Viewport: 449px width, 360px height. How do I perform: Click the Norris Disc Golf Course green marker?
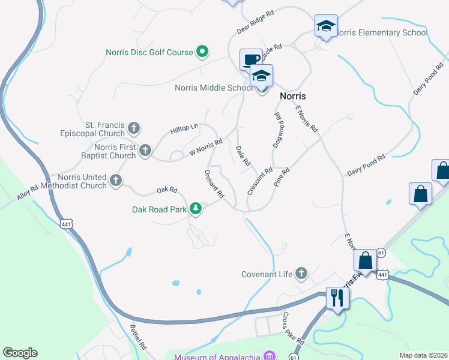[202, 52]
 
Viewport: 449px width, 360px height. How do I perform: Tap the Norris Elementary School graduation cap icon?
[325, 26]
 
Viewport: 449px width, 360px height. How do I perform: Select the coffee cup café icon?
[252, 59]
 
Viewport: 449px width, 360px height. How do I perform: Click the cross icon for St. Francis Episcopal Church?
[134, 128]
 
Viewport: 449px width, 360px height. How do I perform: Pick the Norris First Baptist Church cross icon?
[145, 151]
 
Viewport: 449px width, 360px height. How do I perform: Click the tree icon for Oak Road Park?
[195, 209]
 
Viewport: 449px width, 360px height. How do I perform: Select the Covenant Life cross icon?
[301, 274]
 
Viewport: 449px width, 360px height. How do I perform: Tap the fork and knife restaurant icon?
[336, 296]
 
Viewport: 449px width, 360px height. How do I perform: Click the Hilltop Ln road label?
[184, 129]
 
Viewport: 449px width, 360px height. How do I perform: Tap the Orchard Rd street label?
[214, 184]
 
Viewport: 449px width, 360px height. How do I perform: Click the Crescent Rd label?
[260, 181]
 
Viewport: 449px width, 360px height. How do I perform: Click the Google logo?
[20, 353]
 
